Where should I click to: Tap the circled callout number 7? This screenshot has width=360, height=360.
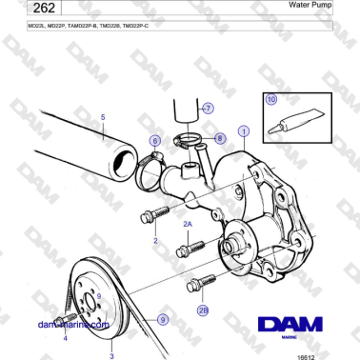pos(208,109)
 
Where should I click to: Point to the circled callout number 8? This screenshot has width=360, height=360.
pos(219,138)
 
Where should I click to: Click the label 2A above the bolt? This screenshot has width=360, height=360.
pos(188,221)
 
